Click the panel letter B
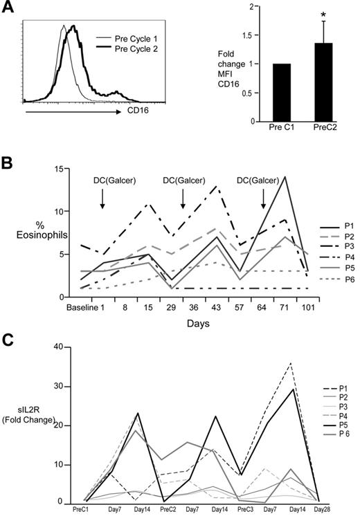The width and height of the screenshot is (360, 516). [8, 165]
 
